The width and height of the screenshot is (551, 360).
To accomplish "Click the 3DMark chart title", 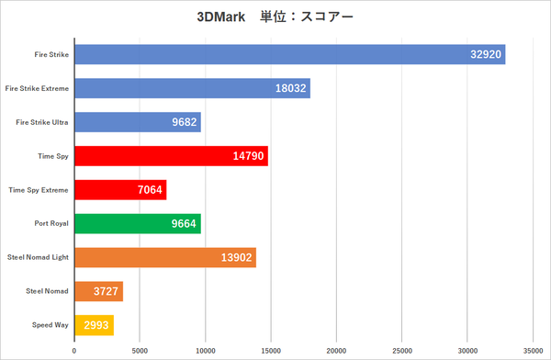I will pos(275,17).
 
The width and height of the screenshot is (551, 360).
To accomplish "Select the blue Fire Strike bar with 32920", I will pos(289,54).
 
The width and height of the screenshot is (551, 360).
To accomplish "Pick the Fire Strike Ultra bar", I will pos(138,122).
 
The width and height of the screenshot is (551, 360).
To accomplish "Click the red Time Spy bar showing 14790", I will pos(171,156).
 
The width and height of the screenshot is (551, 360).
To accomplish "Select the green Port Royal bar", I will pos(138,224).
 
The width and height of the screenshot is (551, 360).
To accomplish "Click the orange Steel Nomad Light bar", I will pos(165,258).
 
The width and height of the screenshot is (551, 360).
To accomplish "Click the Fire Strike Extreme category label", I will pos(37,88).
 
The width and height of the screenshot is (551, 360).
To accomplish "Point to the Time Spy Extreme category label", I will pos(39,190).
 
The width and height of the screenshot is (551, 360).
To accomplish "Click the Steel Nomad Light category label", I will pos(38,258).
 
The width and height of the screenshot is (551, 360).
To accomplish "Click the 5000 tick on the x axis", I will pos(140,351).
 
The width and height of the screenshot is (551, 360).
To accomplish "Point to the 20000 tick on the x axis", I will pos(337,351).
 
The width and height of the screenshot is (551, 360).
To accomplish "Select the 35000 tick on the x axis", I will pos(533,351).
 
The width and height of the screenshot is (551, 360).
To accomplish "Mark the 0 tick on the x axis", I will pos(74,351).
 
